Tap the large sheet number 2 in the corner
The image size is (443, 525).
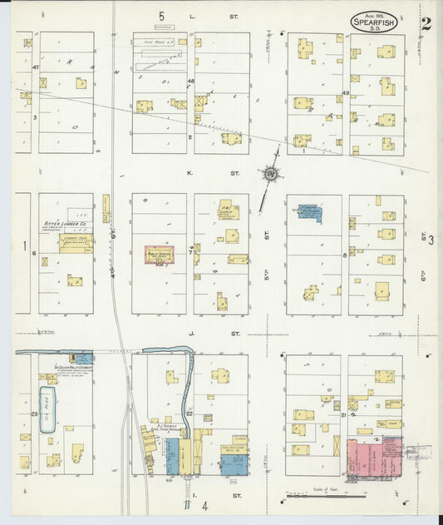(x=426, y=23)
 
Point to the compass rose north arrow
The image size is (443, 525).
(x=270, y=174)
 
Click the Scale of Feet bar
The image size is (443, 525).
(x=327, y=496)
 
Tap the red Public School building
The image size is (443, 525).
(x=159, y=255)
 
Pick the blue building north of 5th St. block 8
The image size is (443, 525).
(x=309, y=211)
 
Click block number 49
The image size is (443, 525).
(x=346, y=92)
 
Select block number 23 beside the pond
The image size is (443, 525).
(x=34, y=414)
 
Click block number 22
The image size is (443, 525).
(x=190, y=414)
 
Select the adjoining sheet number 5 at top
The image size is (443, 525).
(x=162, y=16)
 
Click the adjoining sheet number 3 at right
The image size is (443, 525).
(x=431, y=240)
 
